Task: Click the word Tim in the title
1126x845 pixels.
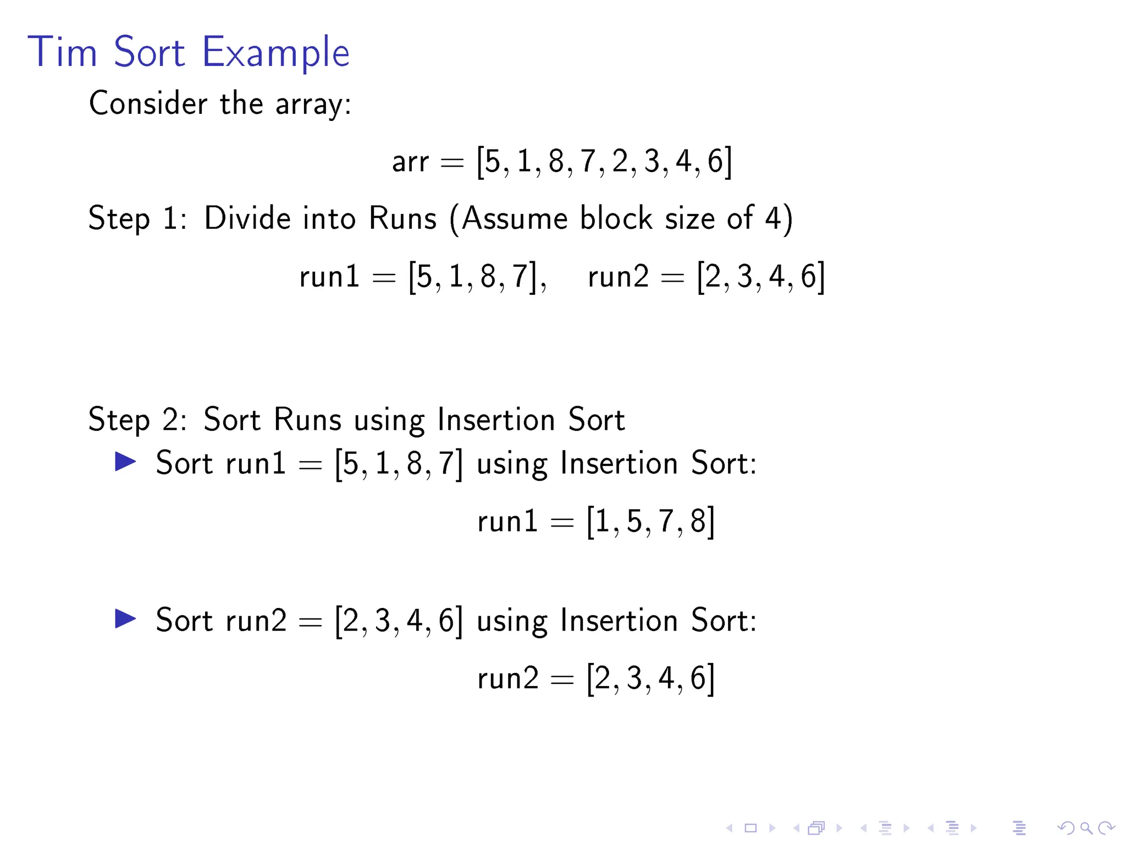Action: [x=62, y=52]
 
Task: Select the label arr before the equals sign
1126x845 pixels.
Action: [x=410, y=162]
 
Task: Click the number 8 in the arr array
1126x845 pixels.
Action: [x=556, y=162]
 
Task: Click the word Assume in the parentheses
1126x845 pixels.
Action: [x=515, y=218]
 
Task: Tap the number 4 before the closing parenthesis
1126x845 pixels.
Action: [x=772, y=218]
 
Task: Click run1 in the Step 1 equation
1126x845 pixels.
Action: [x=329, y=277]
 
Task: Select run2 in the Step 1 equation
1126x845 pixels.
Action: [x=618, y=277]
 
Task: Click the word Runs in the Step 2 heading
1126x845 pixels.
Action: [x=307, y=420]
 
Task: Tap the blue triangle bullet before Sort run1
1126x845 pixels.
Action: [x=125, y=462]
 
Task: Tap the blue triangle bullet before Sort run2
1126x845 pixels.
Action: [x=125, y=619]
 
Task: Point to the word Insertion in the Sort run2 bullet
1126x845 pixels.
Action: [x=619, y=621]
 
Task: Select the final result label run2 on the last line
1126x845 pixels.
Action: [x=507, y=679]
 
